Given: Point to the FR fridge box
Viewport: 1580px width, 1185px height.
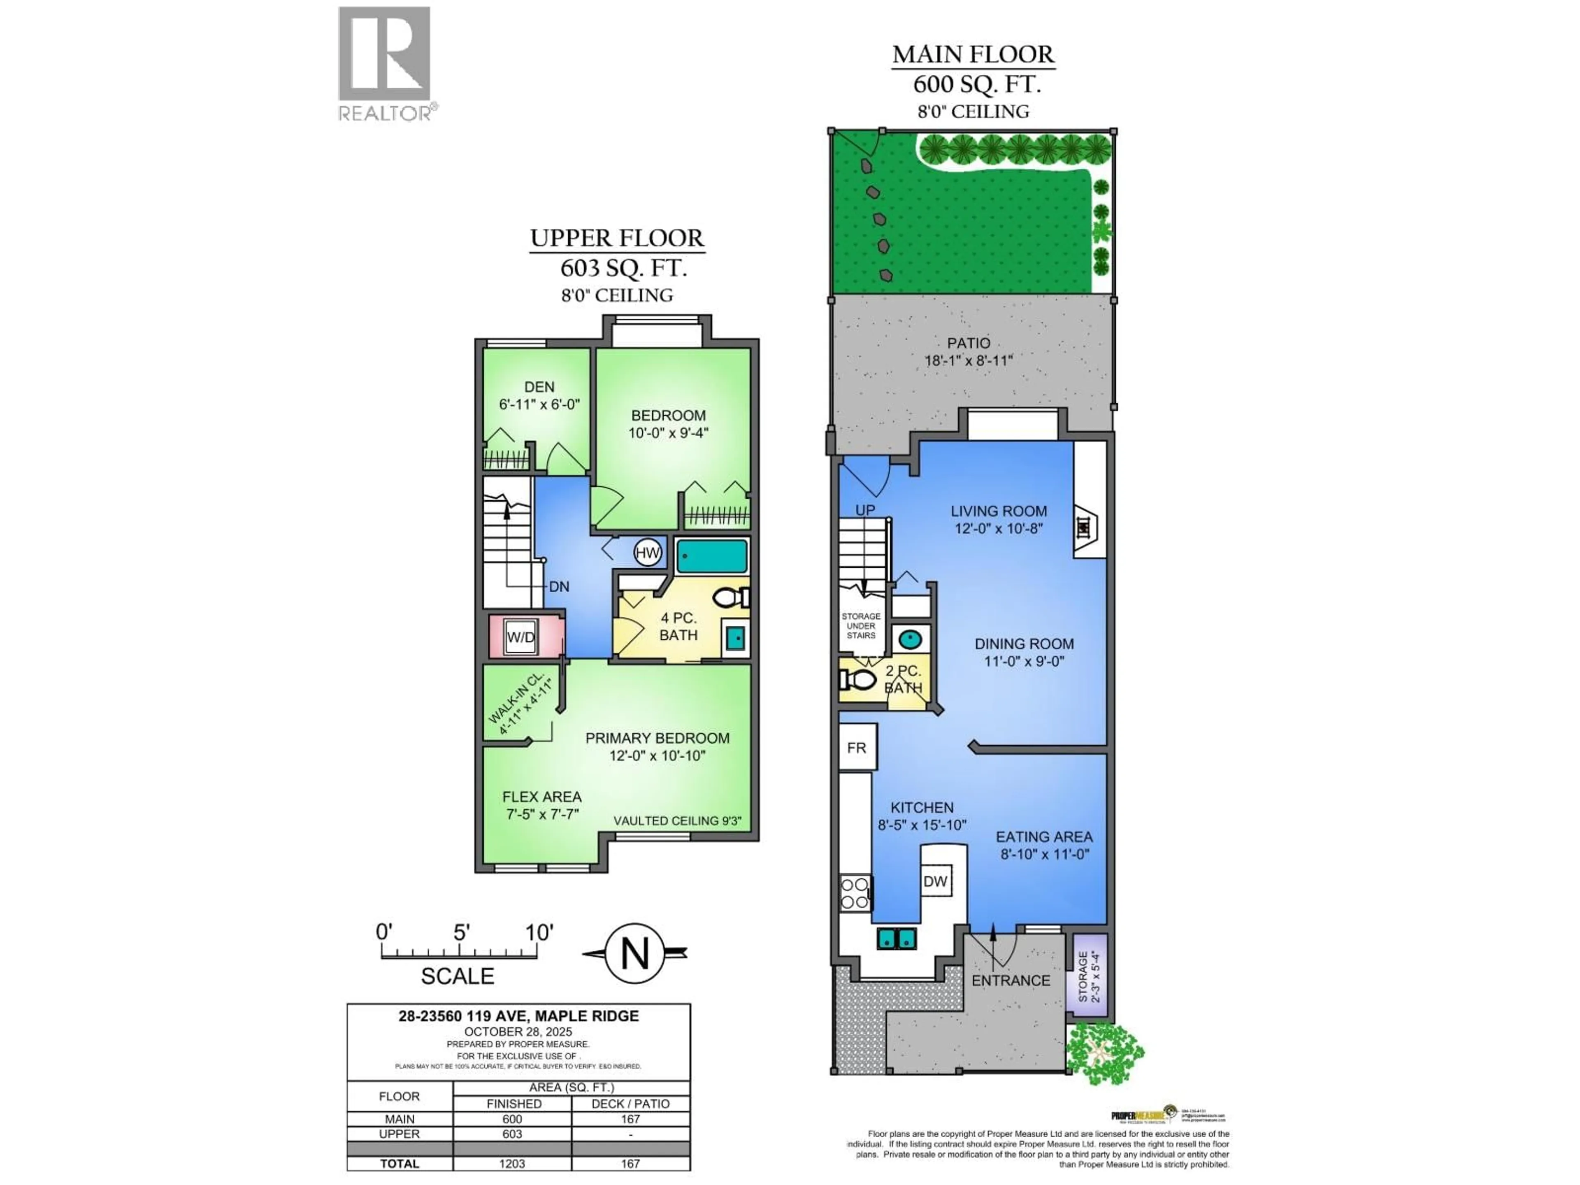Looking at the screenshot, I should [856, 747].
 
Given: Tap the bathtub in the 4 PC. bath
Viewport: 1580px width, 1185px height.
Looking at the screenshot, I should [711, 556].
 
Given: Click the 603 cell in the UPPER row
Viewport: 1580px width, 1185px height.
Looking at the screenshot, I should [512, 1134].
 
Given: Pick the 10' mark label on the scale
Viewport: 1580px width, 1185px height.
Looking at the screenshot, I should [539, 932].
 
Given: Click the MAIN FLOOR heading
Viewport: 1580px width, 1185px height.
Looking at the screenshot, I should [973, 54].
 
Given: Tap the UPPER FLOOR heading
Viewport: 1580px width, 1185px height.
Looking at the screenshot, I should [617, 238].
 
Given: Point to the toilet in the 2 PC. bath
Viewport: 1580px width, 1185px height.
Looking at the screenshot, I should [859, 679].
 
